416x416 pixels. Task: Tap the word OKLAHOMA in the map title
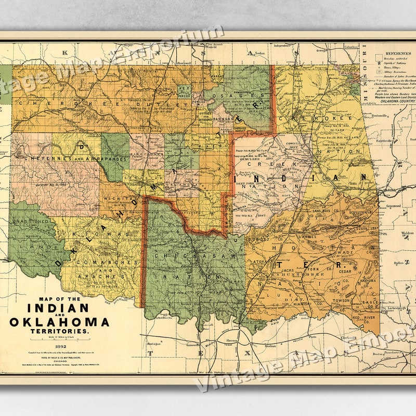point(59,322)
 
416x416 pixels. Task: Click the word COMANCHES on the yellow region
point(97,263)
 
